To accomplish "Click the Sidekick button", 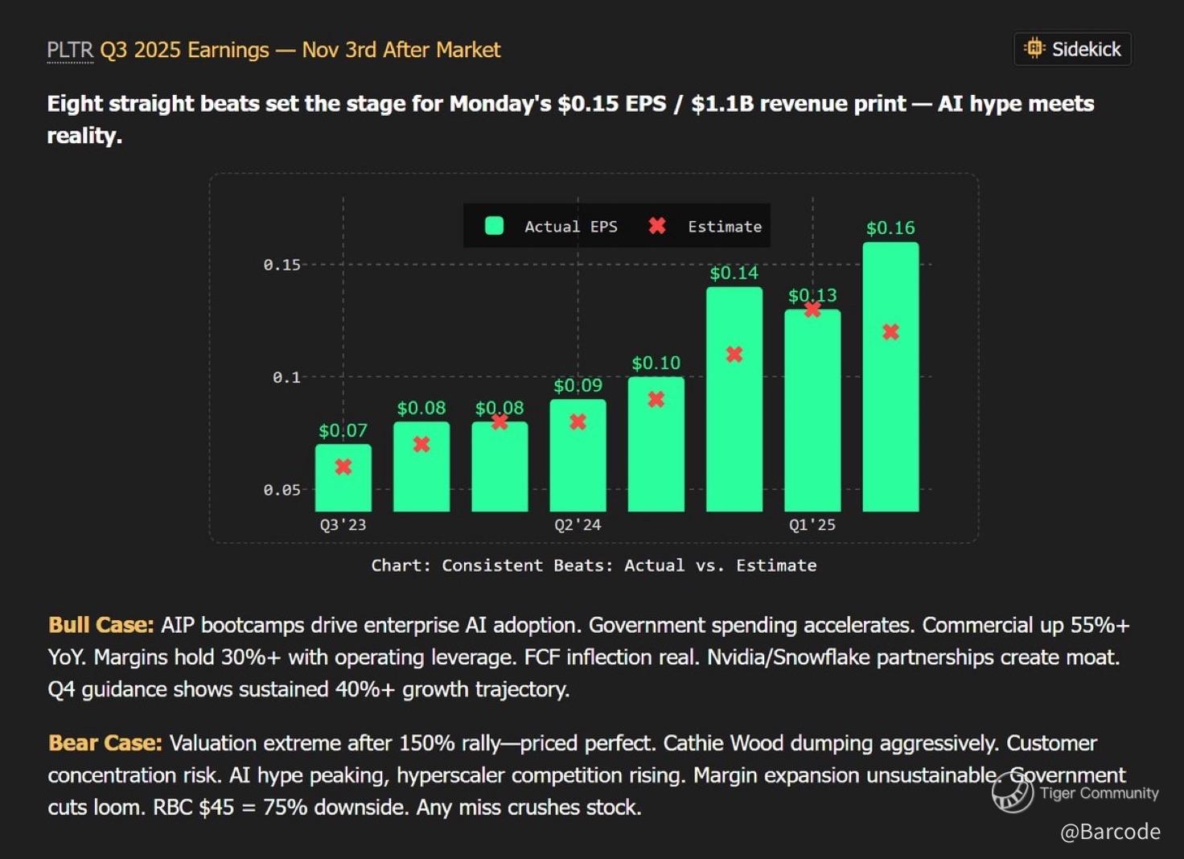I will (1072, 49).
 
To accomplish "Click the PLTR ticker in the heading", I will (70, 50).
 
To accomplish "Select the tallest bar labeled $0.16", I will (890, 378).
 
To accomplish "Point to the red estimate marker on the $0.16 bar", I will (890, 332).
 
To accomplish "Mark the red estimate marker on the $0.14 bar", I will (734, 355).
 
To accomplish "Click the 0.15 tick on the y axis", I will (282, 265).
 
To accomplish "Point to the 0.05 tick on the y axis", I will (282, 490).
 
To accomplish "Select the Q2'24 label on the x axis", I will (578, 525).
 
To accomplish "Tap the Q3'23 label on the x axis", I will (343, 525).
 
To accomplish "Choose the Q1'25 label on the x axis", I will (812, 525).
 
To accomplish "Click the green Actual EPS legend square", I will (495, 226).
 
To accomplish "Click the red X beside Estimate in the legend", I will (657, 226).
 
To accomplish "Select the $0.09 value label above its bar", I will (578, 385).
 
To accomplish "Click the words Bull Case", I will (101, 625).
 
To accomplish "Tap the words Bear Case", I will (105, 742).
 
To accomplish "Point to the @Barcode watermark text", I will (1110, 832).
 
